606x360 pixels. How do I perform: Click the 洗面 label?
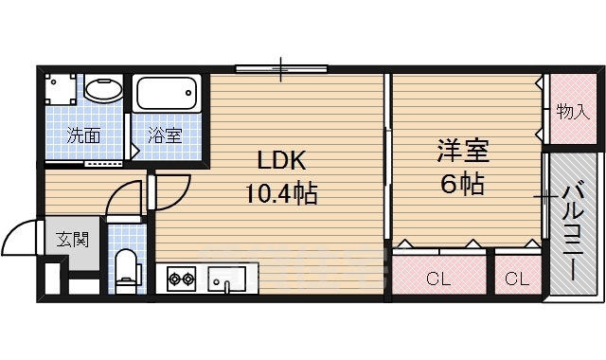[x=83, y=135]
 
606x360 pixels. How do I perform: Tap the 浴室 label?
[x=165, y=135]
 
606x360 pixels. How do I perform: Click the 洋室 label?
[x=460, y=150]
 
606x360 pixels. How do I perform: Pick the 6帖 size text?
[x=460, y=184]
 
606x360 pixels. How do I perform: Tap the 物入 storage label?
[x=572, y=111]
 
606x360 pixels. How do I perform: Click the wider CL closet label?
[x=437, y=279]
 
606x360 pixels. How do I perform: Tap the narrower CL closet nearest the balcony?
[x=516, y=279]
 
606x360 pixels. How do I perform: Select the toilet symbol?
[x=124, y=267]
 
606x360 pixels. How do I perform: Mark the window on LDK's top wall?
[x=281, y=68]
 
